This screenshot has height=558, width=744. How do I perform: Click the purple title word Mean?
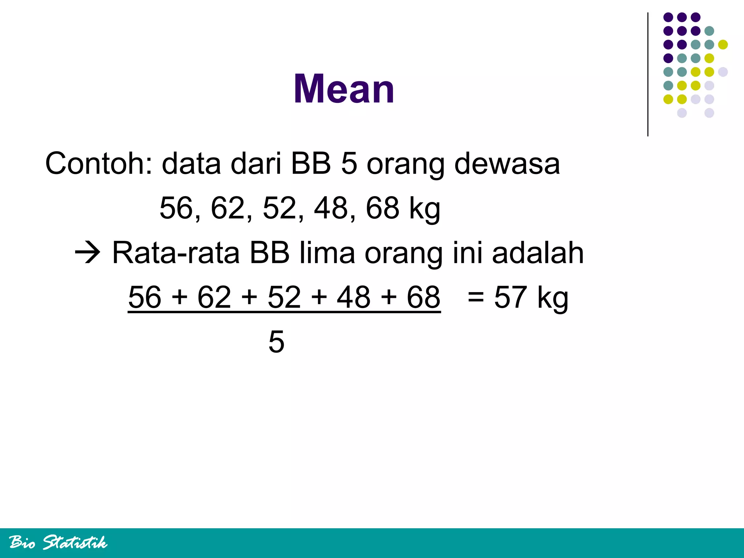(x=344, y=89)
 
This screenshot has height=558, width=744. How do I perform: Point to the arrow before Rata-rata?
(x=88, y=252)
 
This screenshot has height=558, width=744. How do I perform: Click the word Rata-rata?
(x=176, y=252)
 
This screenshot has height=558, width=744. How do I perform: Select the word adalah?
(x=538, y=252)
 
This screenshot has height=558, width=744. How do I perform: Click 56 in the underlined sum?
(x=145, y=297)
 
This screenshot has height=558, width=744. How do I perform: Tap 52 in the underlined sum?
(x=284, y=297)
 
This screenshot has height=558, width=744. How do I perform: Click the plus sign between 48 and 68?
(x=389, y=297)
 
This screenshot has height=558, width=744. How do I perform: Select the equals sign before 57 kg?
(x=476, y=297)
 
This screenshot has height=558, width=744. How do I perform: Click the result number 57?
(x=510, y=297)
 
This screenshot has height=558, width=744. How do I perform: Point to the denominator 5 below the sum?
(x=276, y=342)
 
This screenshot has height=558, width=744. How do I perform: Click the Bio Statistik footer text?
(x=58, y=542)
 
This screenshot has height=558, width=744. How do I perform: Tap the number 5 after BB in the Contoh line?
(x=349, y=163)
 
